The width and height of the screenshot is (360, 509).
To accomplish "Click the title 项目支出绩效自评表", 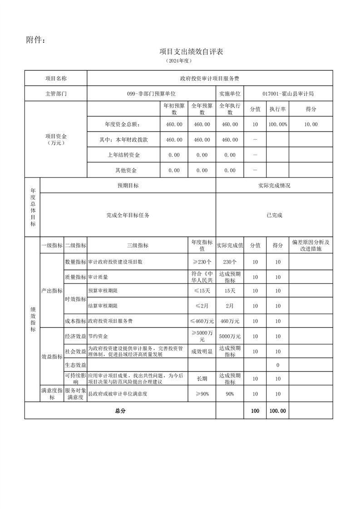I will [x=191, y=52].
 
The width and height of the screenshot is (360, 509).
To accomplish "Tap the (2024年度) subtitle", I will [x=179, y=60].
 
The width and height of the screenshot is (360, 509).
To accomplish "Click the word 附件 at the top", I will [x=35, y=40].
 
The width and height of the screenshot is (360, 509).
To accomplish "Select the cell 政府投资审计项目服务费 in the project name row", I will [x=210, y=78].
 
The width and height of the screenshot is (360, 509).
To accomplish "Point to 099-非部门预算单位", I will [x=151, y=93].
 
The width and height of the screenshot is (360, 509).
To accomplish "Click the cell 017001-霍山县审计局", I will [x=288, y=93].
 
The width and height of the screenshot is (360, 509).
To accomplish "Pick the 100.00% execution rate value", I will [x=277, y=124].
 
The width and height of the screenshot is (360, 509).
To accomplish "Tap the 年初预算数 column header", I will [x=174, y=109].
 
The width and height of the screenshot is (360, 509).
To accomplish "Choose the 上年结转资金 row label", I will [x=123, y=155].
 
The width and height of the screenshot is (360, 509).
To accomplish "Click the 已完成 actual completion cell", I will [x=274, y=215].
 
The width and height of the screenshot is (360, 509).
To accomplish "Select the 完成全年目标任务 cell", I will [x=128, y=215].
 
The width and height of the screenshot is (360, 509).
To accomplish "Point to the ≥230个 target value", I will [x=202, y=262].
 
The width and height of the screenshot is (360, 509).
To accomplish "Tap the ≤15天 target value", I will [x=202, y=291].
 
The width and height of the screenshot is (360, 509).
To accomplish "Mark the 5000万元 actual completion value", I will [x=230, y=336].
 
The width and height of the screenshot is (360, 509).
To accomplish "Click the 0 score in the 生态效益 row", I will [x=277, y=365].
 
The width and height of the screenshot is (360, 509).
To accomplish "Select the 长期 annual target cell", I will [x=202, y=378].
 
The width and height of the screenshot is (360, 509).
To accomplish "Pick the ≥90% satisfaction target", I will [x=202, y=394].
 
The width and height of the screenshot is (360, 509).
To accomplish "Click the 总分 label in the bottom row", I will [x=120, y=411].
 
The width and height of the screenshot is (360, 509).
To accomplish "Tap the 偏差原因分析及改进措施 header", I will [x=311, y=245].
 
